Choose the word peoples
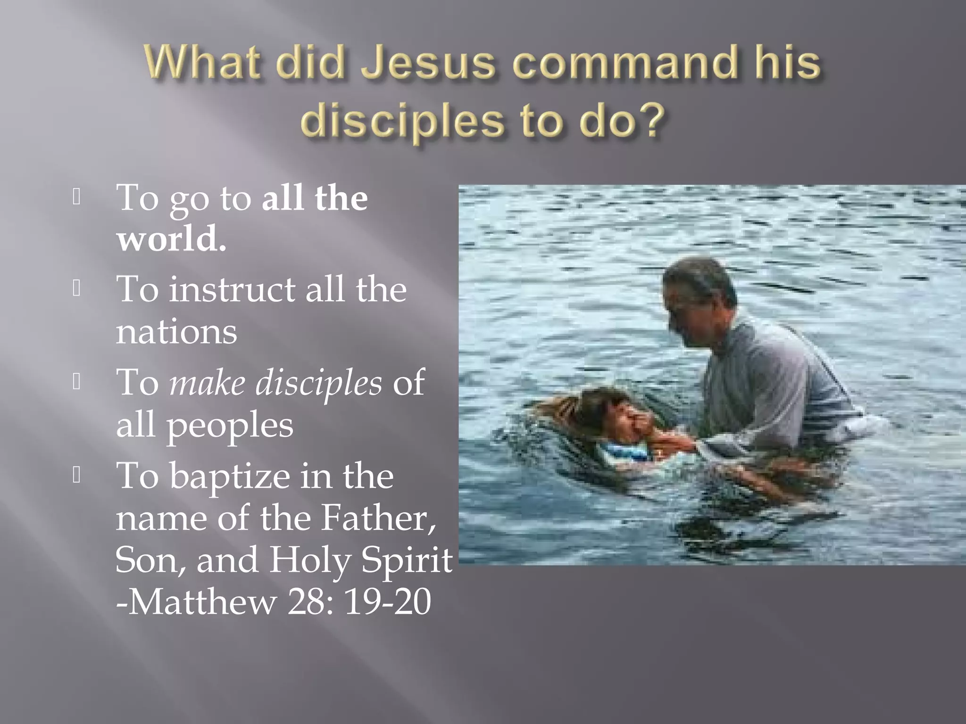[230, 425]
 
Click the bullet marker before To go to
[77, 197]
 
